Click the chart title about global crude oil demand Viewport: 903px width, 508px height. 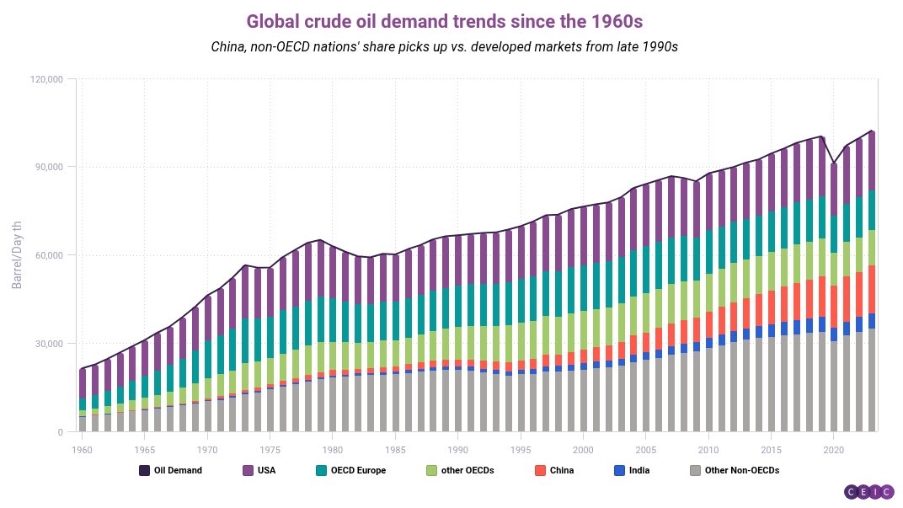click(451, 20)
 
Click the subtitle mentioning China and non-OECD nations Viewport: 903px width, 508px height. click(444, 47)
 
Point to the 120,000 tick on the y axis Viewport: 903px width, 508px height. click(45, 79)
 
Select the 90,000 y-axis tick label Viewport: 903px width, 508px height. click(48, 167)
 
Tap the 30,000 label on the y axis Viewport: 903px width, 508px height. click(48, 344)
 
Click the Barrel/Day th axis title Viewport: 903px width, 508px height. click(17, 254)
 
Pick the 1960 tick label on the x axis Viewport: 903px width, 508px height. click(83, 450)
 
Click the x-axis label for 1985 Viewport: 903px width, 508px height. click(395, 450)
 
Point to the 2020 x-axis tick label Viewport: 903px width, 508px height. click(833, 450)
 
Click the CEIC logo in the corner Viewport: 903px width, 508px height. click(868, 491)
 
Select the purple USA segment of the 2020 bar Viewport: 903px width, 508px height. click(834, 189)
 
